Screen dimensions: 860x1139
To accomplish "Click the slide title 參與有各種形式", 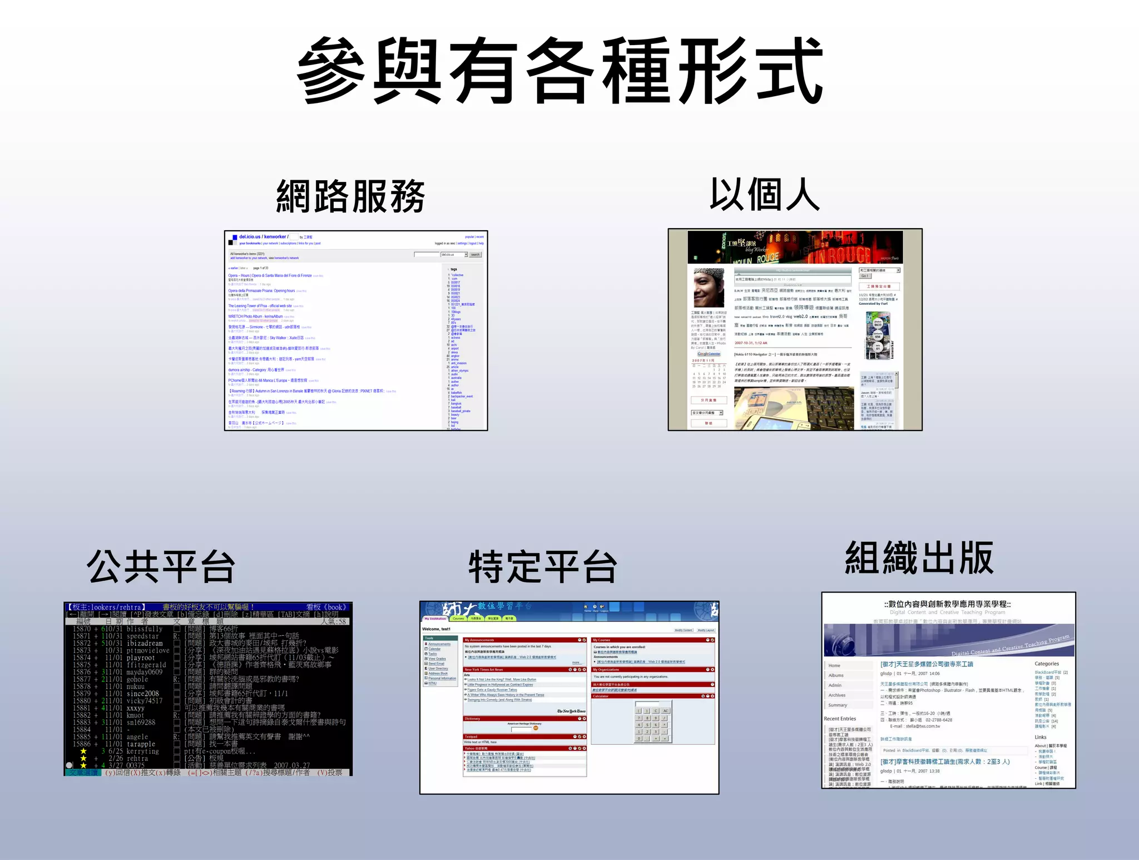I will click(561, 71).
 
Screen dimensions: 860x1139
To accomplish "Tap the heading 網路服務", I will click(350, 196).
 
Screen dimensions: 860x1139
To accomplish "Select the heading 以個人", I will click(765, 195).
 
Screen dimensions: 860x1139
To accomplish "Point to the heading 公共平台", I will click(161, 566).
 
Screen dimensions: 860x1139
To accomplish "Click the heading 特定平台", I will click(543, 567).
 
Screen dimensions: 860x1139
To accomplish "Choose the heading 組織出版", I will click(919, 558).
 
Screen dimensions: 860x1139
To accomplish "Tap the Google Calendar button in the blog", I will click(709, 354).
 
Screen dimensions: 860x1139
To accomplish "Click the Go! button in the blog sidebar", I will click(865, 276).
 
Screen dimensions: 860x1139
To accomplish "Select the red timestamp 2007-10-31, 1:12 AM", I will click(751, 343).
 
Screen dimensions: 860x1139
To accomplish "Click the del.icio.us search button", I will click(475, 255).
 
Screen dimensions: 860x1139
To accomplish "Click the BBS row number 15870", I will click(81, 629).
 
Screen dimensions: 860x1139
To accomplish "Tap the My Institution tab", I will click(435, 619).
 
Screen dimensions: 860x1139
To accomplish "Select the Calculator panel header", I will click(601, 696).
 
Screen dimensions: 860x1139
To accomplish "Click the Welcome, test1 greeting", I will click(436, 629).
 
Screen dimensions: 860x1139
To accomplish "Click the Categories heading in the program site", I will click(1046, 664).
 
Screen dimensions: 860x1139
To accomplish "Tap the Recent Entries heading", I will click(840, 719).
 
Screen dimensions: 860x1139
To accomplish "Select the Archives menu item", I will click(836, 695).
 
